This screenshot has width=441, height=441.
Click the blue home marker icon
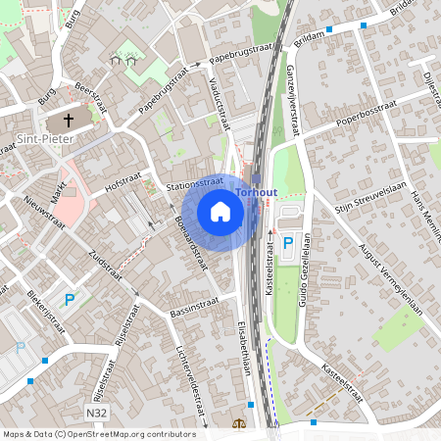point(220,211)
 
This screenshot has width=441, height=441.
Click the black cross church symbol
point(69,121)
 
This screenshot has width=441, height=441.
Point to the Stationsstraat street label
point(195,183)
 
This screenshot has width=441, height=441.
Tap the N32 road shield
point(96,414)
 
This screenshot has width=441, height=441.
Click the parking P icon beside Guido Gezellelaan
point(288,243)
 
